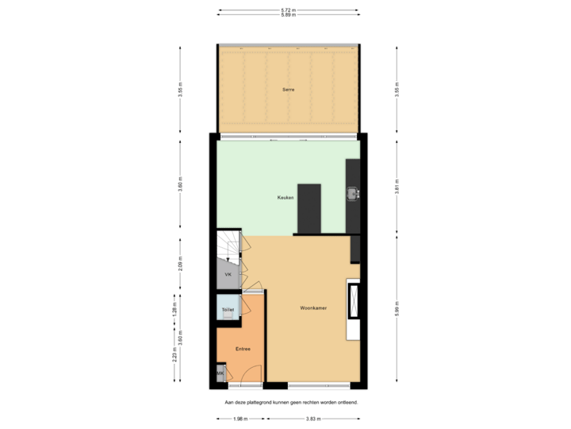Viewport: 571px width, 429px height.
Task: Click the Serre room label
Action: [x=288, y=90]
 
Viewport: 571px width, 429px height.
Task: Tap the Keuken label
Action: [x=285, y=197]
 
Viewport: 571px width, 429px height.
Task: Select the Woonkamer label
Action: [x=314, y=307]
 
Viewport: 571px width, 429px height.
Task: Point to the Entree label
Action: [x=243, y=349]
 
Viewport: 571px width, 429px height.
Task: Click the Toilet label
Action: [x=228, y=308]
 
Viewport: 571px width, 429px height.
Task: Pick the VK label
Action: [x=228, y=274]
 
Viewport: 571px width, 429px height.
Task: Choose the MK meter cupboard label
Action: [x=220, y=373]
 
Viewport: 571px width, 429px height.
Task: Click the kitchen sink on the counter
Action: [x=352, y=192]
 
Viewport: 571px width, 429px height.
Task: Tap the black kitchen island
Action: [x=308, y=208]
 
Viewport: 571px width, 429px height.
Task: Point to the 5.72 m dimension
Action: [x=288, y=10]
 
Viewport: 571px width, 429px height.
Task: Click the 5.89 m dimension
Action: [x=288, y=15]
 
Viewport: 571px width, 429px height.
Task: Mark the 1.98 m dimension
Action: [x=241, y=419]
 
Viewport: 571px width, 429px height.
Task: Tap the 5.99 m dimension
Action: [x=397, y=307]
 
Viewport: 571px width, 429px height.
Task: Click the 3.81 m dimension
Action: [x=397, y=185]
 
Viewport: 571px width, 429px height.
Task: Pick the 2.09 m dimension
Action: [x=181, y=263]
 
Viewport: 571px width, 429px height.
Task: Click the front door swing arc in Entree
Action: [x=251, y=377]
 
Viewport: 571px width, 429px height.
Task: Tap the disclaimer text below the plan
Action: [x=291, y=403]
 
